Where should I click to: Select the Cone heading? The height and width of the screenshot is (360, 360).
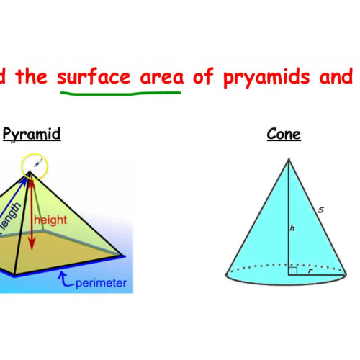coord(283,134)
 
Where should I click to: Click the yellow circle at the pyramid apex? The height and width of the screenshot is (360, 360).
coord(34,166)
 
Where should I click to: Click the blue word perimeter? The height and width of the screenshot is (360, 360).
coord(102,282)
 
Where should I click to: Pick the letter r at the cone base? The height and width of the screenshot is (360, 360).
coord(309,271)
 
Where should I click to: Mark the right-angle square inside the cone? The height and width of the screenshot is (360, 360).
coord(292,271)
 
